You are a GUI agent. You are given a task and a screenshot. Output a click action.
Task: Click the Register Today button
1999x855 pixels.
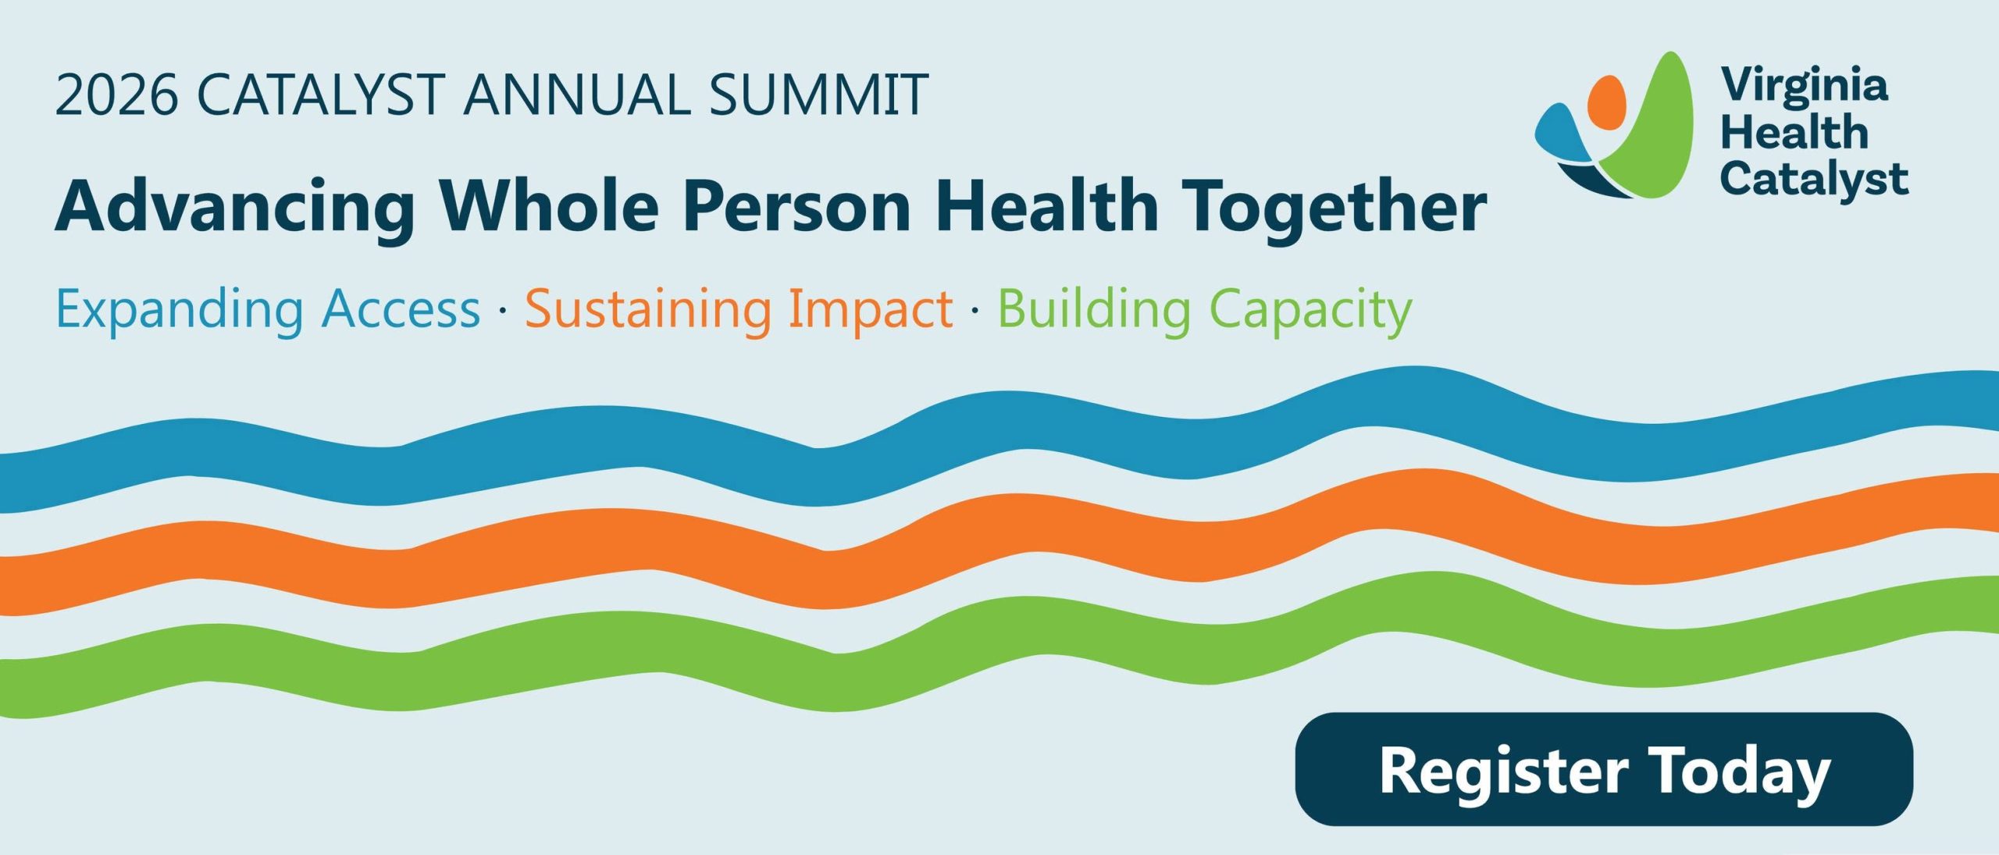tap(1604, 769)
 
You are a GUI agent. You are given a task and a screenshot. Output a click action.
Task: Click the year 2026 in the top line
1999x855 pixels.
tap(117, 95)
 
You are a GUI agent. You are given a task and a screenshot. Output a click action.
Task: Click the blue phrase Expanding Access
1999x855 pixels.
tap(268, 311)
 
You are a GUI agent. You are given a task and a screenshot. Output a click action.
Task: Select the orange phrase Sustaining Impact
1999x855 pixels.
tap(739, 311)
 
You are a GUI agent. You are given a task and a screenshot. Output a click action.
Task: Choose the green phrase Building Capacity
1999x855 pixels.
tap(1205, 311)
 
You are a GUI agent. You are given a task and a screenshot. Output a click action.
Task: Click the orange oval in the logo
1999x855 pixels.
tap(1607, 102)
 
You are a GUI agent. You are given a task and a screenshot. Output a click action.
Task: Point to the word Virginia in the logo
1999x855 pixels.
tap(1805, 86)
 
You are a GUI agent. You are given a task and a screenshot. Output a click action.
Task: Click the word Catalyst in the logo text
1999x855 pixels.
tap(1814, 180)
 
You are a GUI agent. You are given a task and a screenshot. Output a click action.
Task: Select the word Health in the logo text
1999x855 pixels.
tap(1794, 132)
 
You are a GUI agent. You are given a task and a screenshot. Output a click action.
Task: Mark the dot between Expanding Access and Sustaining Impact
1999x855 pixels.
tap(502, 312)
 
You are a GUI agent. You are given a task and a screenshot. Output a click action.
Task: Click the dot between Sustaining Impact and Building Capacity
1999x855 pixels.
tap(975, 312)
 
